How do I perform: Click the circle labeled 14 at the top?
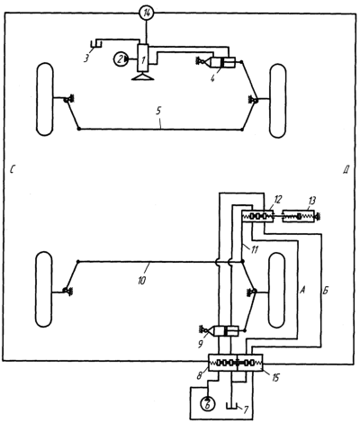point(147,13)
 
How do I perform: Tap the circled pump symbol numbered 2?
point(121,59)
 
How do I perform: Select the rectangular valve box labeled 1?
point(143,58)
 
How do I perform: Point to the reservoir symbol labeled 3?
point(97,44)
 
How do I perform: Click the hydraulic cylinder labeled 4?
point(224,62)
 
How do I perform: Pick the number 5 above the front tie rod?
point(158,111)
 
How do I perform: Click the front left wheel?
point(45,99)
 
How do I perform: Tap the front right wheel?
point(278,101)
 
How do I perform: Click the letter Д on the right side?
point(345,170)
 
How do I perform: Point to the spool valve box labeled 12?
point(257,216)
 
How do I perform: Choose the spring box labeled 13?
point(299,216)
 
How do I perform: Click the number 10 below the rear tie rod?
point(141,280)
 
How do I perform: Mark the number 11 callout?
point(254,249)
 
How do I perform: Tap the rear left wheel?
point(44,290)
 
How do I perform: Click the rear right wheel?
point(277,290)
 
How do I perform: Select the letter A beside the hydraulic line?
point(302,290)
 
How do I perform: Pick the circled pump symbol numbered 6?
point(208,403)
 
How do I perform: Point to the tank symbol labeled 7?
point(231,406)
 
